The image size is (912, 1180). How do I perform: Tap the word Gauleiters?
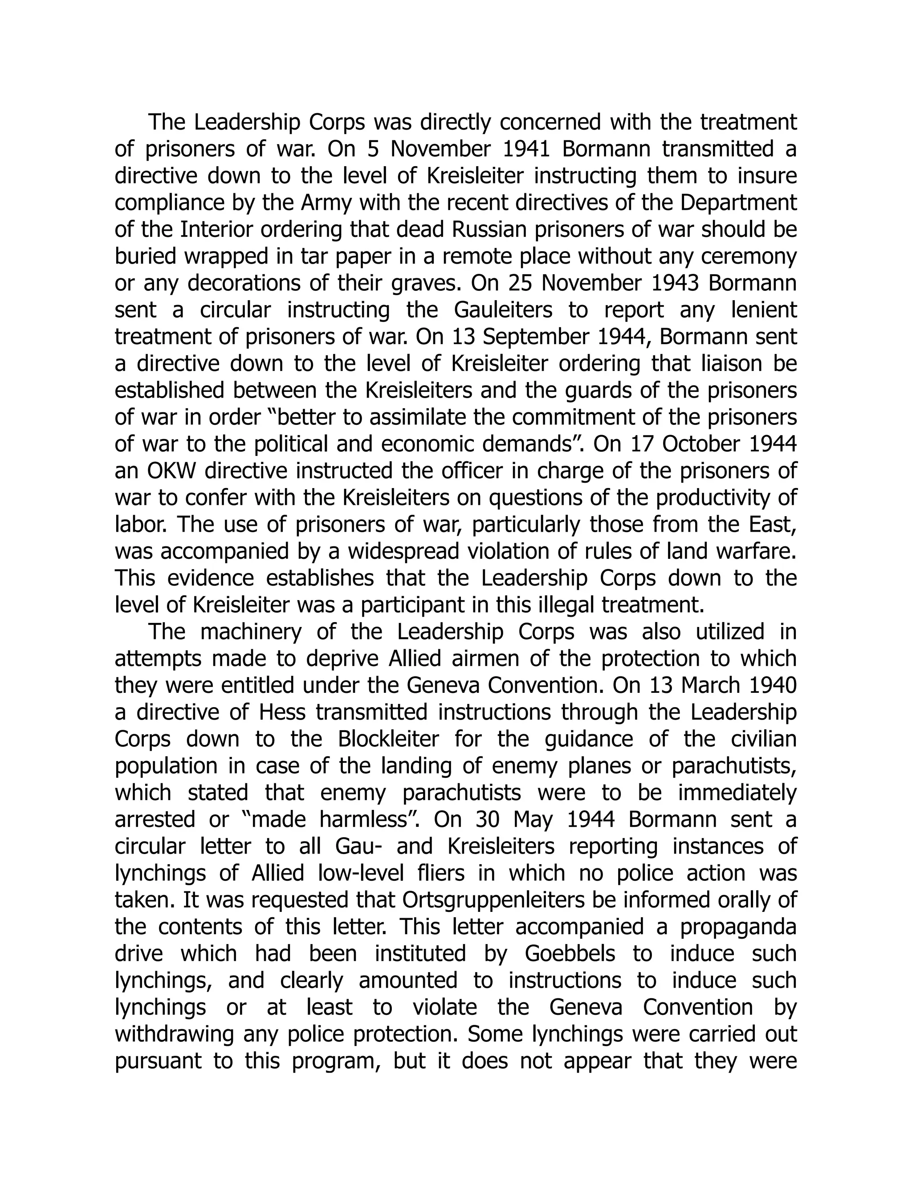[x=503, y=310]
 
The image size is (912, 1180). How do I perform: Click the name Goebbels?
[x=570, y=954]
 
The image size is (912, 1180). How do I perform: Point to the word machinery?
[x=258, y=632]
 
